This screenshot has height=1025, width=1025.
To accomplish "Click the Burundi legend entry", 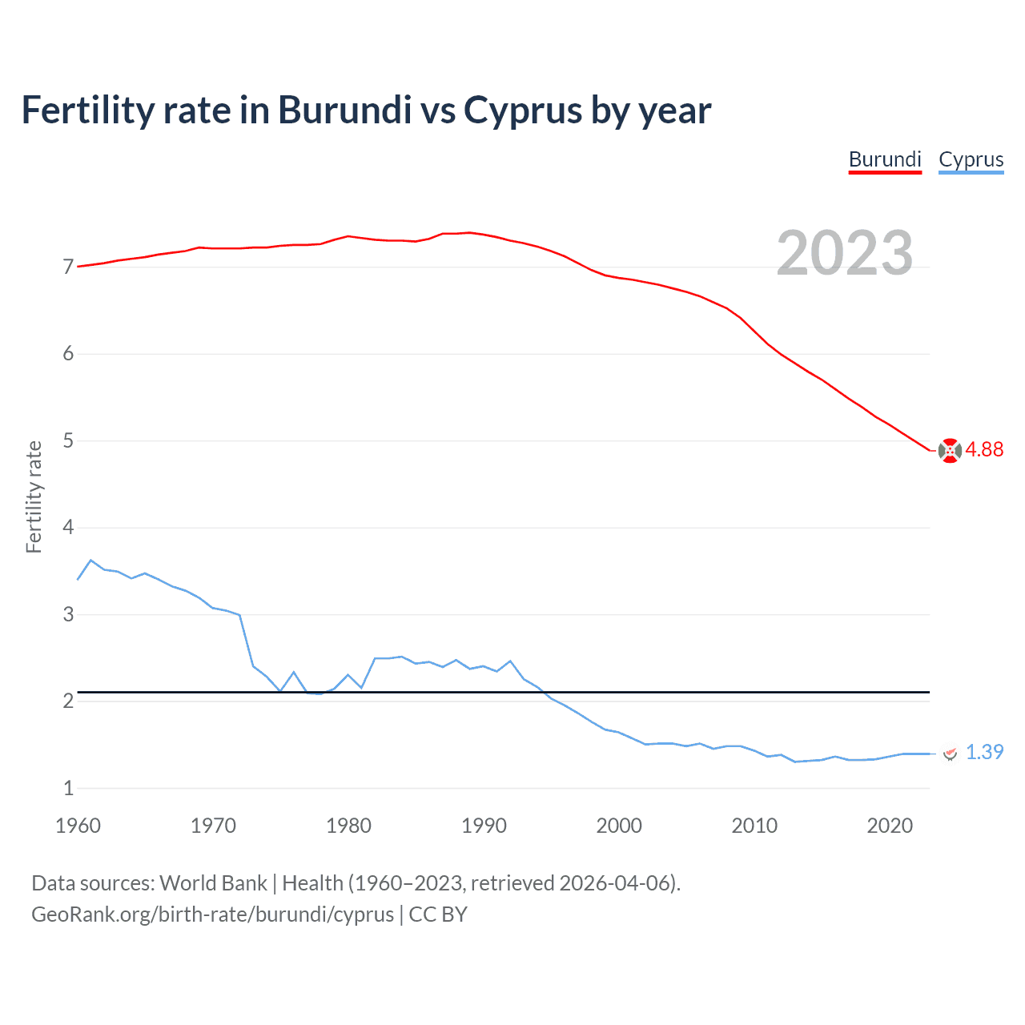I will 885,159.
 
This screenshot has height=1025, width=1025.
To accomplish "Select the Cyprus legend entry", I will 971,159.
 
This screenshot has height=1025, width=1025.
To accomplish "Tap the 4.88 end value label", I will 984,449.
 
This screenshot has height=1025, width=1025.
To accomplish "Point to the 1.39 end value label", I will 984,752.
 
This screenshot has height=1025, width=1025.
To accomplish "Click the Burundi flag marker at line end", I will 950,451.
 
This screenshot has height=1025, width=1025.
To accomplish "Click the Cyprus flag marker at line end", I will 951,753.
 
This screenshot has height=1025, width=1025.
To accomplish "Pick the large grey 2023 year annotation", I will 845,253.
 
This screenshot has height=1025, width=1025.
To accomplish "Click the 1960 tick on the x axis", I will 78,826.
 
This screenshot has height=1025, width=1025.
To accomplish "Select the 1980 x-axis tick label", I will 348,826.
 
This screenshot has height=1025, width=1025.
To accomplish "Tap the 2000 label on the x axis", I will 619,826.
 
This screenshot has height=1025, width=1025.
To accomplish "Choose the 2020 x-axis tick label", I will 890,826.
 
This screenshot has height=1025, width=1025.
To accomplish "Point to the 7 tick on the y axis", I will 68,267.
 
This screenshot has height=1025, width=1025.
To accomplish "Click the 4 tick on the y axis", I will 68,528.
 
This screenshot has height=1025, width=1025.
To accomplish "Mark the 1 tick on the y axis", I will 68,788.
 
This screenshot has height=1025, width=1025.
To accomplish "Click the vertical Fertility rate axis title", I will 34,496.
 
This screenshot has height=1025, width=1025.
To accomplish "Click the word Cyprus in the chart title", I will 523,110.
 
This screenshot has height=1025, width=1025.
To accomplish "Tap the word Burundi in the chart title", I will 345,110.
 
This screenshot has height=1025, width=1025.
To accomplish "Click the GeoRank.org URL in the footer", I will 212,914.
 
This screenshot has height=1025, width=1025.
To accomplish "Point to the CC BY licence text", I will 438,914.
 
